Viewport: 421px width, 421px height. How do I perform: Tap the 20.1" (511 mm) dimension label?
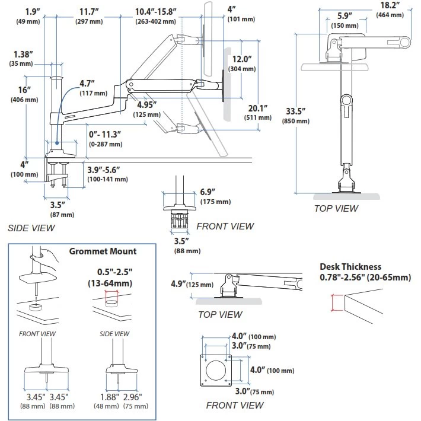click(256, 113)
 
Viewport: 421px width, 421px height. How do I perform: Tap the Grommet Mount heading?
click(103, 251)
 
